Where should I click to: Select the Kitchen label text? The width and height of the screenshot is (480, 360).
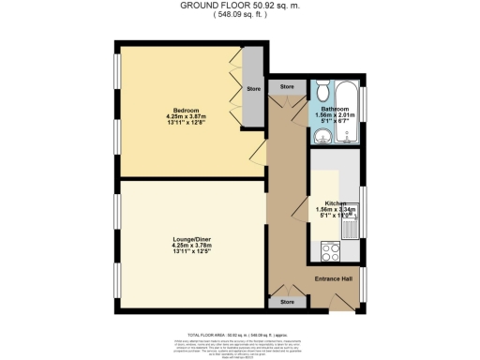pos(336,202)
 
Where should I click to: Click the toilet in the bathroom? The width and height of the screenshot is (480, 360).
pos(323,91)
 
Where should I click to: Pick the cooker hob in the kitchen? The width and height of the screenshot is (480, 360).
pos(330,250)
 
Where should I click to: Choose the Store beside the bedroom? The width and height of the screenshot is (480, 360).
pos(253,90)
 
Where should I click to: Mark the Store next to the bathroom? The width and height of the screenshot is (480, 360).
pos(287,86)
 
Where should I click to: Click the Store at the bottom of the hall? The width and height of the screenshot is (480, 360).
pos(287,302)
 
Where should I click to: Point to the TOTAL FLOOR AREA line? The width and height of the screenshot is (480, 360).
pos(240,333)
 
